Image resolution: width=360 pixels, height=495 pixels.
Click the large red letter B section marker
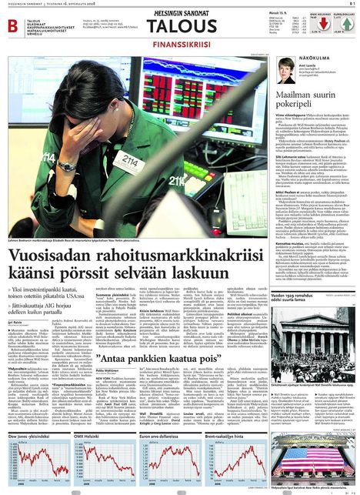pos(12,26)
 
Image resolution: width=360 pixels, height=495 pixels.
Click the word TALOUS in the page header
pos(182,28)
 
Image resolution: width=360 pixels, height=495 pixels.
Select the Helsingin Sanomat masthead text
pos(182,13)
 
